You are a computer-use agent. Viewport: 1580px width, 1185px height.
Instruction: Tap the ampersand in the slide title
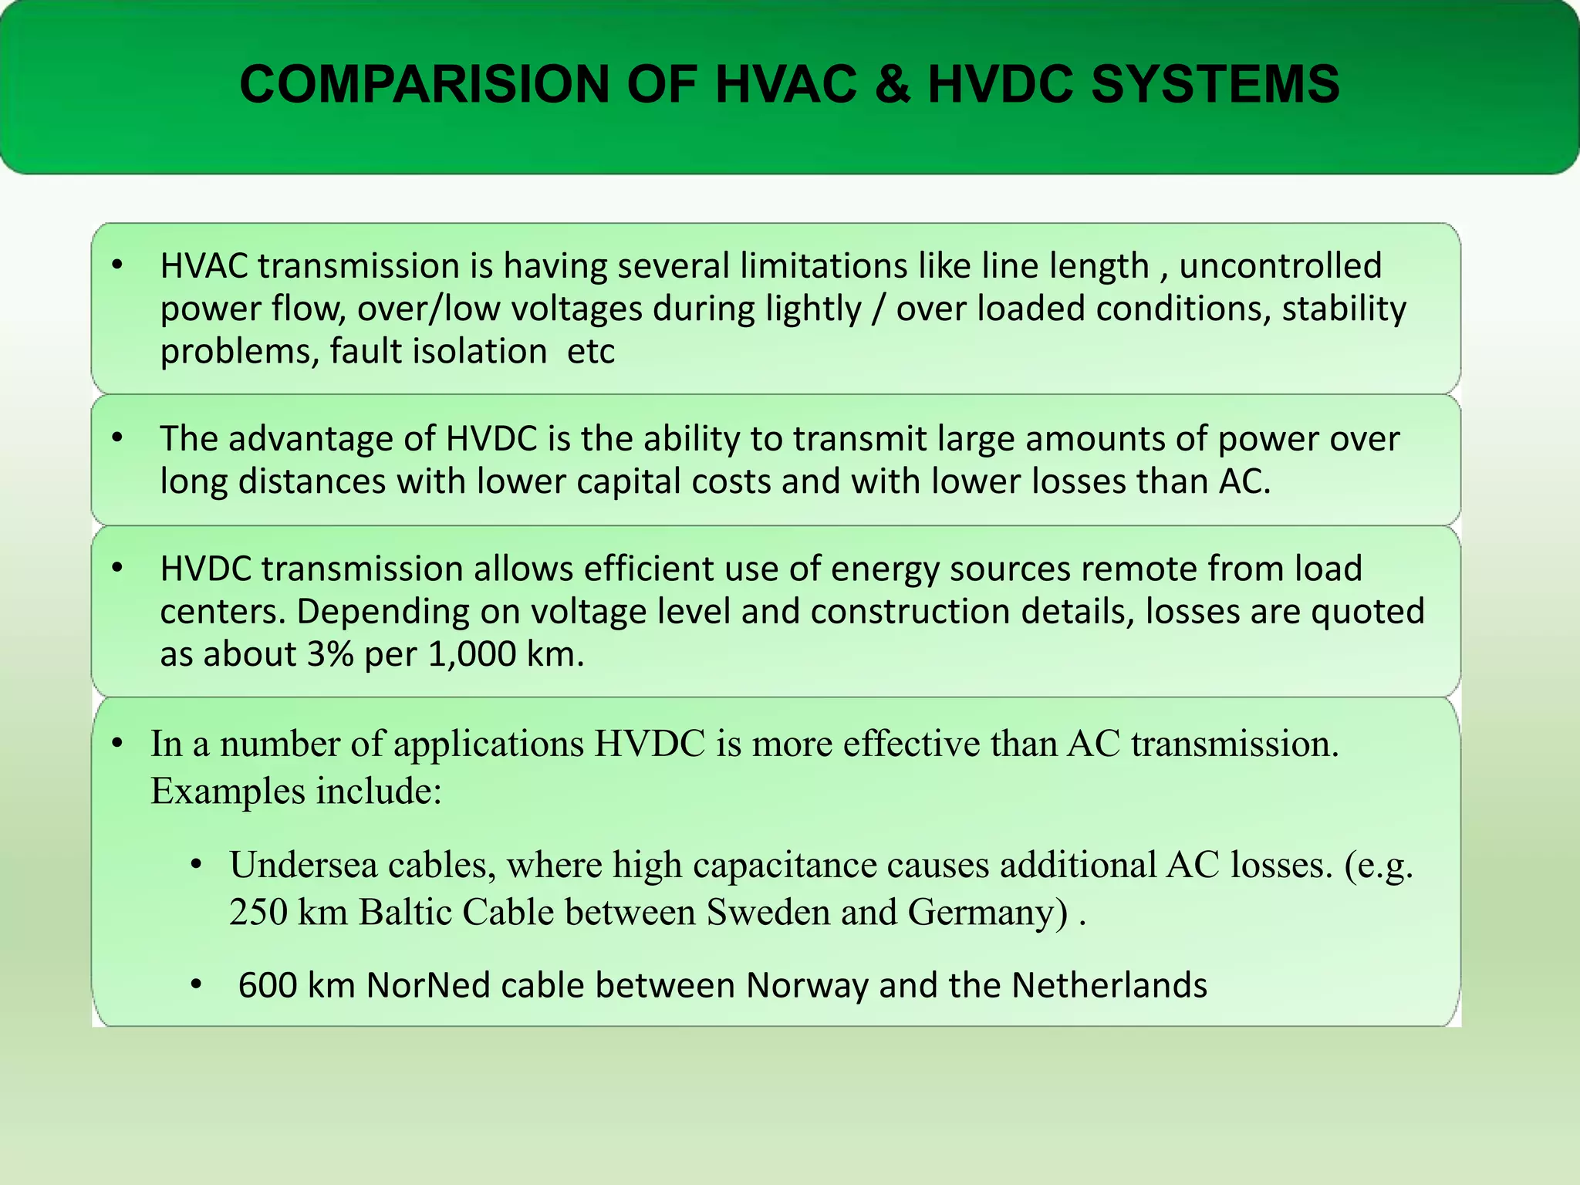892,84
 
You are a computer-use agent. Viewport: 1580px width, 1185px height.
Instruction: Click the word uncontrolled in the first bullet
1280,266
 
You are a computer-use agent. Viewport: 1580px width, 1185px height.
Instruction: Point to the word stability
1344,309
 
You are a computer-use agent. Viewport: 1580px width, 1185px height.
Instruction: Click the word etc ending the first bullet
591,352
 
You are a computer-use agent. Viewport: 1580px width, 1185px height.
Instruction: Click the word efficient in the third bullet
650,569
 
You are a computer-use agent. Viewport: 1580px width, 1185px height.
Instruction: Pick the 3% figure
330,655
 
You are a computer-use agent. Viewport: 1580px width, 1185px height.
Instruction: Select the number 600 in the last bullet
267,986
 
